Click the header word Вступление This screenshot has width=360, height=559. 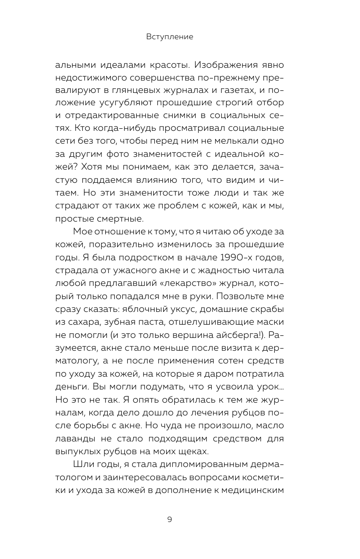click(x=170, y=37)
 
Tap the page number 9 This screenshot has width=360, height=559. click(x=170, y=519)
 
